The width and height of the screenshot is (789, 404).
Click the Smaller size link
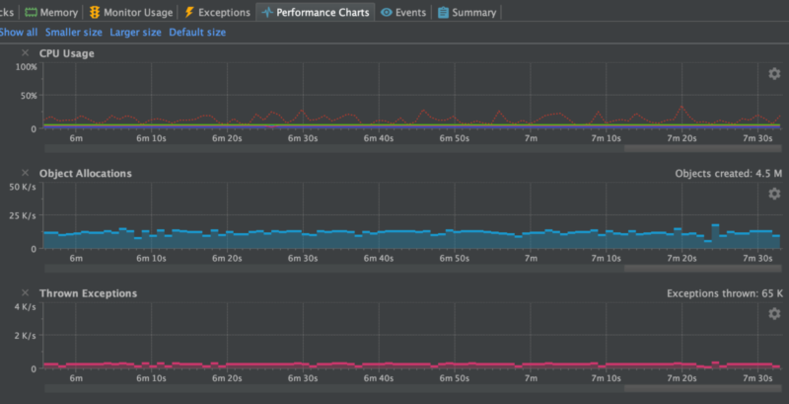click(x=74, y=33)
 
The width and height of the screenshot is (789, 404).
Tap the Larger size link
click(x=135, y=33)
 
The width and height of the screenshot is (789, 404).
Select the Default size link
click(x=197, y=33)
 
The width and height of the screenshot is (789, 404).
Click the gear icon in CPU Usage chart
click(x=774, y=74)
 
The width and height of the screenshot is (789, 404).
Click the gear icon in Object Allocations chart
click(x=774, y=194)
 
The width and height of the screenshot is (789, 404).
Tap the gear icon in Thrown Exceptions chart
click(x=774, y=314)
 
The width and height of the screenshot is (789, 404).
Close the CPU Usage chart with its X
click(x=26, y=53)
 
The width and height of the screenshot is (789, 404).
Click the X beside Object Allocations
click(x=26, y=174)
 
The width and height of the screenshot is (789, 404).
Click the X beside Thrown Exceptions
click(x=26, y=293)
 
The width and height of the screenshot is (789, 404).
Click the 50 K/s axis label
click(x=23, y=187)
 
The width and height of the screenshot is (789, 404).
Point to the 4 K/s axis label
click(x=25, y=307)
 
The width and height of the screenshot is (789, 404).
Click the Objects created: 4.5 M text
click(x=729, y=174)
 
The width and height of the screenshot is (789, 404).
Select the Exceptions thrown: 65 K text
click(x=725, y=293)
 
